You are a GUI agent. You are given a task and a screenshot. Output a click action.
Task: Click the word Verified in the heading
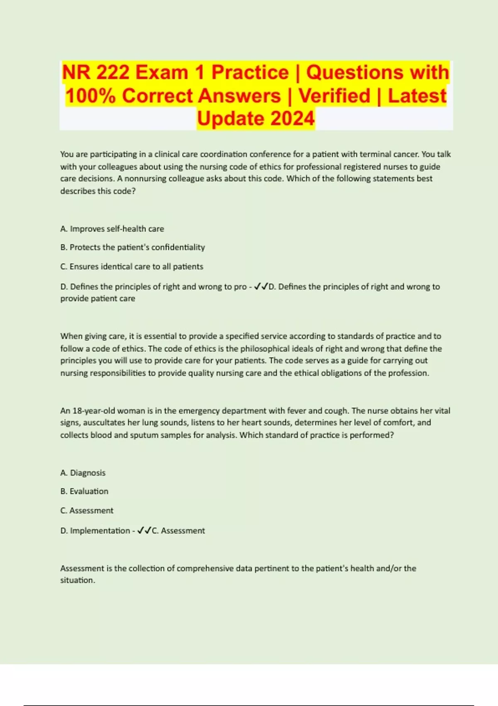pyautogui.click(x=334, y=96)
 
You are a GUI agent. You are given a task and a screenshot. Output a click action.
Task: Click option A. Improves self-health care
pyautogui.click(x=112, y=229)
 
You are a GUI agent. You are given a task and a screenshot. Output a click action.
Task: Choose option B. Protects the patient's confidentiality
pyautogui.click(x=132, y=248)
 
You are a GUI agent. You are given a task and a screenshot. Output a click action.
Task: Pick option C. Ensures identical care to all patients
pyautogui.click(x=132, y=267)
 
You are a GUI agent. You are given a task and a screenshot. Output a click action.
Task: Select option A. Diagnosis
pyautogui.click(x=83, y=473)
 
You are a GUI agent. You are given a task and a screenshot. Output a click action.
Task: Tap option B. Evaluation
pyautogui.click(x=84, y=491)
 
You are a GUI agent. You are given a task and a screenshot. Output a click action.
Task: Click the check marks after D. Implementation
pyautogui.click(x=144, y=530)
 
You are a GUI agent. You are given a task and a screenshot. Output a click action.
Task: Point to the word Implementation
pyautogui.click(x=100, y=531)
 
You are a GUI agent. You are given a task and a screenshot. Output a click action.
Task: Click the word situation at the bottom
pyautogui.click(x=77, y=581)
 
